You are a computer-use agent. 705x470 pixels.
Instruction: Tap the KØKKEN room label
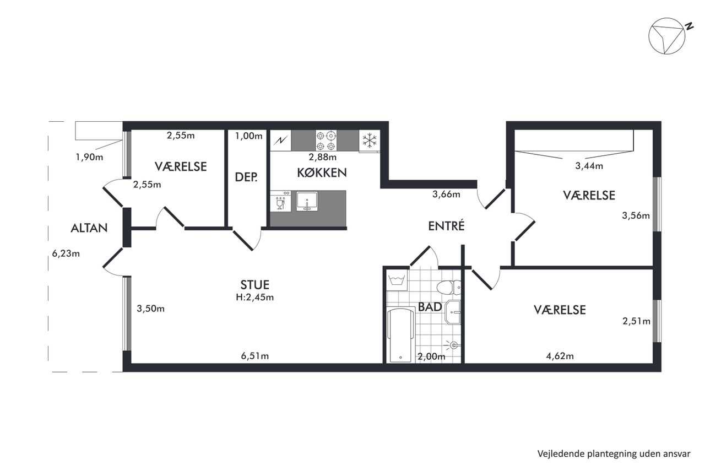tap(322, 173)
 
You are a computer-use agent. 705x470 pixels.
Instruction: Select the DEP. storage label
tap(246, 177)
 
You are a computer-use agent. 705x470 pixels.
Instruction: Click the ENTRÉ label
tap(446, 226)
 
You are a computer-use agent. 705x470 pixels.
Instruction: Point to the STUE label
tap(254, 285)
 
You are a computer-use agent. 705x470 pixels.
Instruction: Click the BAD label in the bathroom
tap(430, 307)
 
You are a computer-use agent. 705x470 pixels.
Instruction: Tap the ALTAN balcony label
tap(89, 228)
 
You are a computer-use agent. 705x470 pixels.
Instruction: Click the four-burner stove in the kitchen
tap(326, 141)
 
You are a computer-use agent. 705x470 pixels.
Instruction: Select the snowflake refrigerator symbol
tap(370, 141)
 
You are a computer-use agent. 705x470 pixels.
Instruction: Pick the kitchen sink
tap(307, 201)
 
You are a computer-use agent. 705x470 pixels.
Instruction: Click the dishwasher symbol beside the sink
tap(280, 201)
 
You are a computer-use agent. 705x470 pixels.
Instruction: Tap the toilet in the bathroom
tap(448, 288)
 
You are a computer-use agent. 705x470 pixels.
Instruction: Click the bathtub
tap(400, 335)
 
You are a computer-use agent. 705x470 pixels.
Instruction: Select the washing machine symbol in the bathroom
tap(397, 280)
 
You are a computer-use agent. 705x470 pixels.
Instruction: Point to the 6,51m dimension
tap(254, 356)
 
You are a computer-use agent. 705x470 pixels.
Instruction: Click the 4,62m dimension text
tap(560, 356)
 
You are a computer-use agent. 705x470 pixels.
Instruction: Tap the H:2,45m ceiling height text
tap(254, 297)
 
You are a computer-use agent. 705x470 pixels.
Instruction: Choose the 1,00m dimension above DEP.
tap(248, 136)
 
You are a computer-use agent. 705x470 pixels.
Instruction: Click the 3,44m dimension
tap(589, 166)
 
